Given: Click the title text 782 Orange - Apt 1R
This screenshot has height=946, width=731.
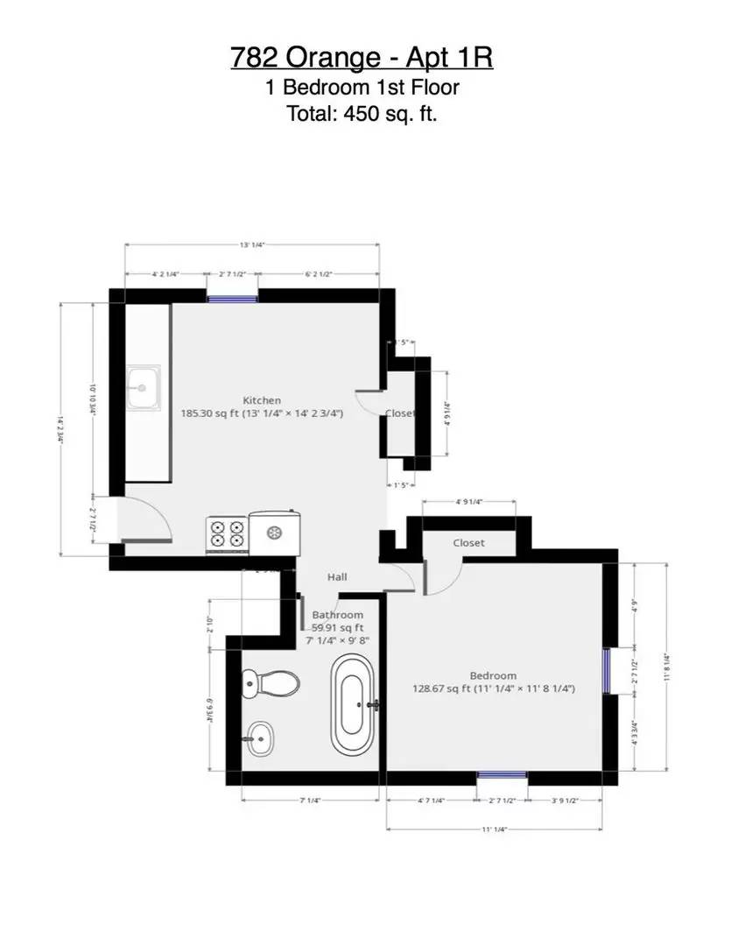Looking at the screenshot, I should [x=362, y=58].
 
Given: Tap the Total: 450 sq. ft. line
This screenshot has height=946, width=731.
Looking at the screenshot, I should [x=362, y=113].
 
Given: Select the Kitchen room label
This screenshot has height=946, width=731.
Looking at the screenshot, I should [x=262, y=400].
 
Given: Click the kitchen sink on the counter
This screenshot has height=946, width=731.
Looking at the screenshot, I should [x=141, y=388].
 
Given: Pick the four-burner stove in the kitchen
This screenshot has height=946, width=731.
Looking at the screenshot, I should [x=227, y=534].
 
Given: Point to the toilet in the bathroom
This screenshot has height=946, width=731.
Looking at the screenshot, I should [x=270, y=682].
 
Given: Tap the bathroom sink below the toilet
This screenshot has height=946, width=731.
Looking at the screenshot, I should [x=259, y=738].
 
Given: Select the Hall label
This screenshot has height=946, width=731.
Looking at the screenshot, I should [x=337, y=577].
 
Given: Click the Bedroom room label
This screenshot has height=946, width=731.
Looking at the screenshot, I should [x=493, y=675].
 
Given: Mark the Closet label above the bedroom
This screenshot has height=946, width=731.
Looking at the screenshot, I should [x=468, y=543].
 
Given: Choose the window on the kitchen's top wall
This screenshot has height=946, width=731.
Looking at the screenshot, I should [x=232, y=297].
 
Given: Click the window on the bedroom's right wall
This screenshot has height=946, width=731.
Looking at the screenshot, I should [x=606, y=670].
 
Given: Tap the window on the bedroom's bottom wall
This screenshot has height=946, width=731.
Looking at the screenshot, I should [x=502, y=775].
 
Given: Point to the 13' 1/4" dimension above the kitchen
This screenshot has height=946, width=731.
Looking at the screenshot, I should [x=251, y=245].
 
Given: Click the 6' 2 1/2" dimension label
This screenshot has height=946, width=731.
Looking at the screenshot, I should [x=319, y=274].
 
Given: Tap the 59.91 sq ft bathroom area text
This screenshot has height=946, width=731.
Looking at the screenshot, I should [x=338, y=627].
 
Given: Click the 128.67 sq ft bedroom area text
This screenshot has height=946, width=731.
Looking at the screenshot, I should [x=494, y=688].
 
